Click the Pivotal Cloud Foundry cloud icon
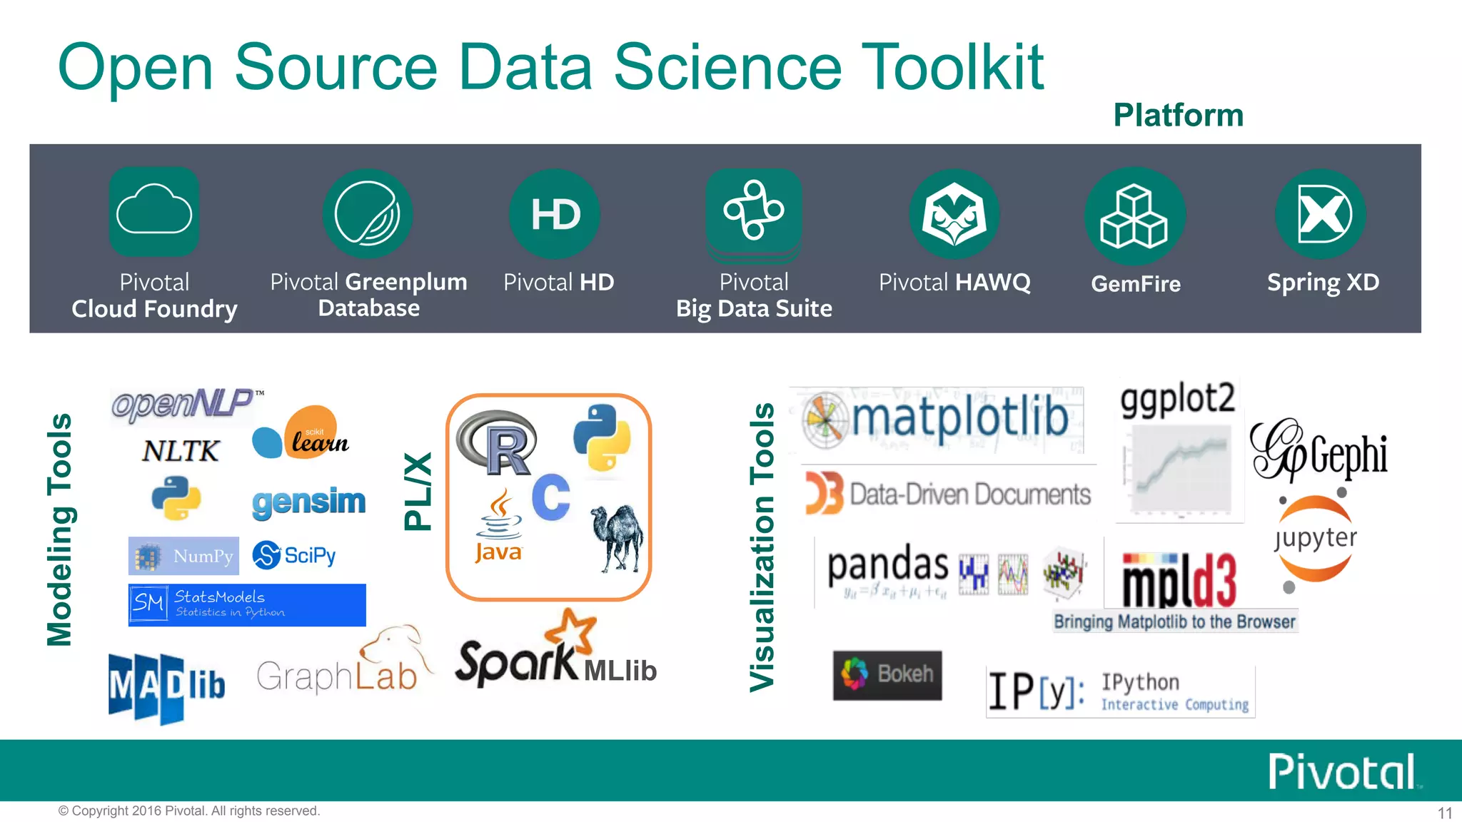(x=154, y=211)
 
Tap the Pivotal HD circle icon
(x=555, y=214)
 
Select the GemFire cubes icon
(x=1134, y=215)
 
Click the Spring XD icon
(x=1321, y=214)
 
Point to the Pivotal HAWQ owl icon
(x=954, y=214)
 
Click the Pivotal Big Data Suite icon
(x=754, y=212)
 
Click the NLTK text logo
(x=181, y=451)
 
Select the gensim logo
(x=308, y=502)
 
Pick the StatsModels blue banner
(x=247, y=605)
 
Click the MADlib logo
(x=167, y=686)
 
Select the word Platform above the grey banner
(x=1178, y=116)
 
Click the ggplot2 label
(x=1177, y=398)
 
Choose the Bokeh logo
(x=887, y=674)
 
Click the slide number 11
(x=1444, y=813)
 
